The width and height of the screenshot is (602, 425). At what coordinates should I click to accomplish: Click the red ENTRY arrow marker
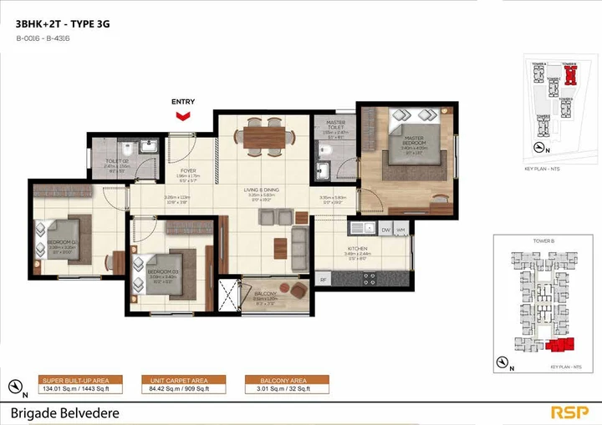pos(183,116)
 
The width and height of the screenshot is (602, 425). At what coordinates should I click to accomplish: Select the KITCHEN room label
pos(358,249)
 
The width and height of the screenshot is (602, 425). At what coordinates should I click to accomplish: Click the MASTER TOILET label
pos(335,125)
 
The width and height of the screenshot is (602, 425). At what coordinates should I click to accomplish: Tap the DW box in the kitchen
pos(385,228)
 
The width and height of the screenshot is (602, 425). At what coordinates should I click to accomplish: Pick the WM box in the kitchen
pos(400,228)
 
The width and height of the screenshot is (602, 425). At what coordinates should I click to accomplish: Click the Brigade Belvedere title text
pos(64,412)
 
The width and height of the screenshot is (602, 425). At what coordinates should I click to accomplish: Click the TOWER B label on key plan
pos(544,241)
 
